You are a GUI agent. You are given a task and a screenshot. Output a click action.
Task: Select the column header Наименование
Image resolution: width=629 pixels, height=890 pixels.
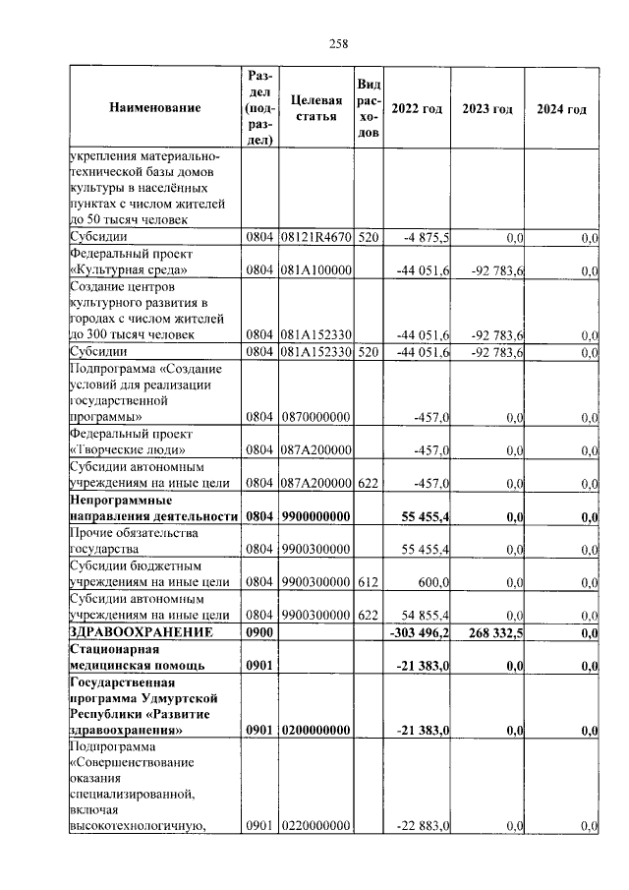154,108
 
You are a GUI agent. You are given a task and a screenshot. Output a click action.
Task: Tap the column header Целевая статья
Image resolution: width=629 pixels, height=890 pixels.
316,108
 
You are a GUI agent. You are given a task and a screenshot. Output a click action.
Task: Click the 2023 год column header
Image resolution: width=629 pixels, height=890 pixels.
487,109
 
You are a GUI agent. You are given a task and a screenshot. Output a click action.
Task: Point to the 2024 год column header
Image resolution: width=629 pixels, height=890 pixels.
561,109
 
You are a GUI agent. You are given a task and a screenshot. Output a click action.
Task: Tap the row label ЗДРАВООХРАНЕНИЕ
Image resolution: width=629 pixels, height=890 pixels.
142,632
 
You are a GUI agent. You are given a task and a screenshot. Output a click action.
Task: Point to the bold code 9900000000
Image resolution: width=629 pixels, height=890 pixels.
316,516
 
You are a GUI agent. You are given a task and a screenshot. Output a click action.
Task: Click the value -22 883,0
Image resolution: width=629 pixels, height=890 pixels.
424,826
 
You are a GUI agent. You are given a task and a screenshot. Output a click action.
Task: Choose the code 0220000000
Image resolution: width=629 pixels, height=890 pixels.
316,826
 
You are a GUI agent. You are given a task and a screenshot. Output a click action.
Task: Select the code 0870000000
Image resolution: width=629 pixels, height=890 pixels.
316,418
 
